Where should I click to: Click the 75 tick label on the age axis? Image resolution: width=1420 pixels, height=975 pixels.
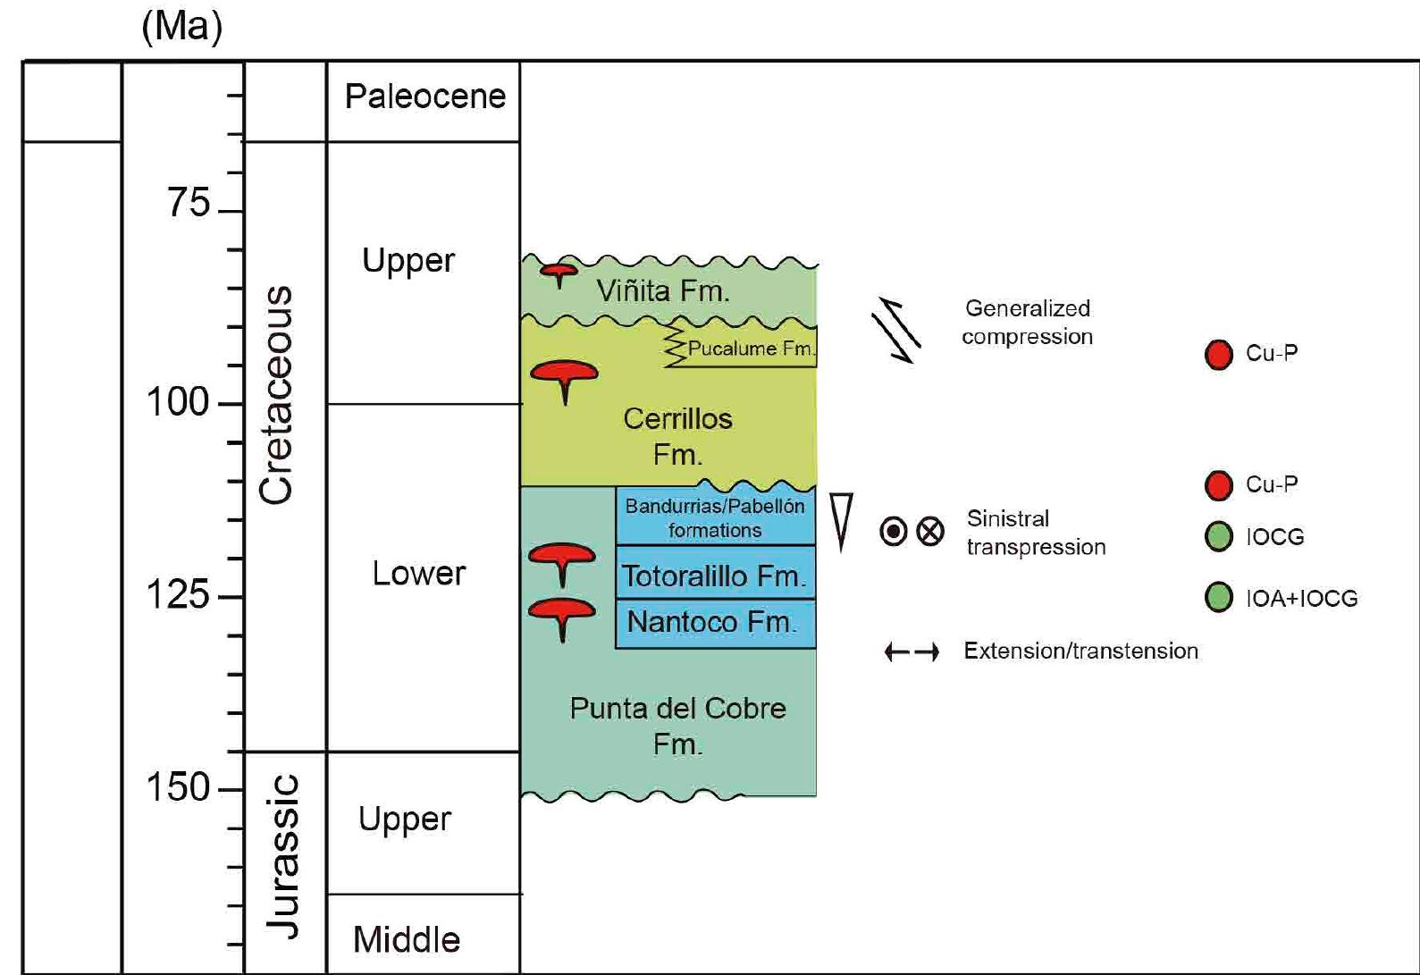coord(189,204)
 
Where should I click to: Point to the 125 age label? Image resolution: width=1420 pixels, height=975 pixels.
coord(179,593)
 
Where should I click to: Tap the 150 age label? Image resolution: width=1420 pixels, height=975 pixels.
coord(179,787)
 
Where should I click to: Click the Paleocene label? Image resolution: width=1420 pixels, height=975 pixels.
coord(424,97)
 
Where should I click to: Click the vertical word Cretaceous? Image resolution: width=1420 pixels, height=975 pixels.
coord(275,395)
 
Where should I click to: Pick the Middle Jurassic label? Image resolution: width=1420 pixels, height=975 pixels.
coord(407,939)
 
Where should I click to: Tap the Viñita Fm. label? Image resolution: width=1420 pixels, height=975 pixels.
coord(662,290)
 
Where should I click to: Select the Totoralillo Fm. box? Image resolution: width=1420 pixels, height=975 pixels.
coord(714,576)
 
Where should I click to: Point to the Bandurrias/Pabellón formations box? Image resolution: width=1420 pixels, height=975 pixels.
coord(715,517)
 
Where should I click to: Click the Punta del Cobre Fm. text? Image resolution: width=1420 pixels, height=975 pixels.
coord(677,726)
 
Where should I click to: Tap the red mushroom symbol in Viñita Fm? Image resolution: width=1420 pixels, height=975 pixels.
coord(559,272)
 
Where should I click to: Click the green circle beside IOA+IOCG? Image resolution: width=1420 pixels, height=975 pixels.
coord(1219,597)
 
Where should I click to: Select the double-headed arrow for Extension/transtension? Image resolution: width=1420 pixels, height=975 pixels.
coord(912,652)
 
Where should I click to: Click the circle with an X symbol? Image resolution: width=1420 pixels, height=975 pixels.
coord(930,532)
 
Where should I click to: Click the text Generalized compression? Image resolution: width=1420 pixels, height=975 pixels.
coord(1027,323)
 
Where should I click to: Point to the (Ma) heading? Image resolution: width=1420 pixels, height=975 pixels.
coord(182,27)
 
